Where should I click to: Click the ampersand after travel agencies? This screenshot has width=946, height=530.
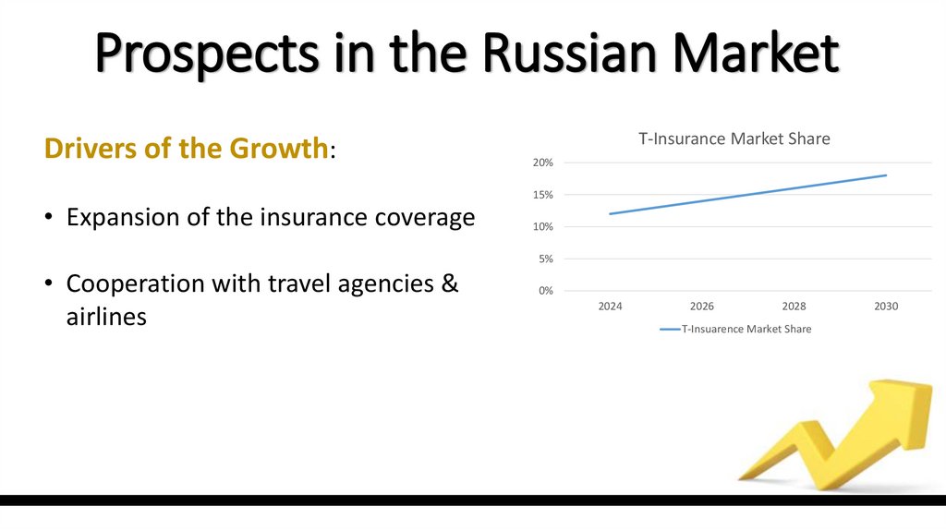tap(449, 283)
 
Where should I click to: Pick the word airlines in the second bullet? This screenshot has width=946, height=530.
tap(106, 318)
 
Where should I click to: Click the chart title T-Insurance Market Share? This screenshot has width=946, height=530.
tap(734, 139)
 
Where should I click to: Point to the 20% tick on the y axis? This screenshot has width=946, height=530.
tap(542, 163)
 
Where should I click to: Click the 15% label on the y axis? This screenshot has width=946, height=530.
tap(542, 195)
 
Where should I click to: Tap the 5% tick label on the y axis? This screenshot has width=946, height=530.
tap(545, 259)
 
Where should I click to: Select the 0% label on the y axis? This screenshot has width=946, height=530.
tap(545, 291)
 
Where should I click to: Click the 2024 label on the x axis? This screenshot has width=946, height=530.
tap(610, 307)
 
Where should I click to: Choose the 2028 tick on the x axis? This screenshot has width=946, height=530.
tap(794, 307)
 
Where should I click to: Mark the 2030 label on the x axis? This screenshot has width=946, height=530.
tap(886, 307)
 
